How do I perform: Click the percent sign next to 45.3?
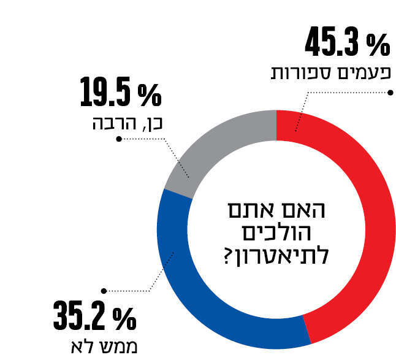[x=378, y=45]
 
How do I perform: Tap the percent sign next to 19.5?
[x=149, y=94]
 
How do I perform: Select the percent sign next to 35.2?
[x=124, y=318]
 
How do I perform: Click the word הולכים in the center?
[x=278, y=234]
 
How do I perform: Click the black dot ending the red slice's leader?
[x=389, y=93]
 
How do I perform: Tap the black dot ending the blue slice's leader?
[x=104, y=291]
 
